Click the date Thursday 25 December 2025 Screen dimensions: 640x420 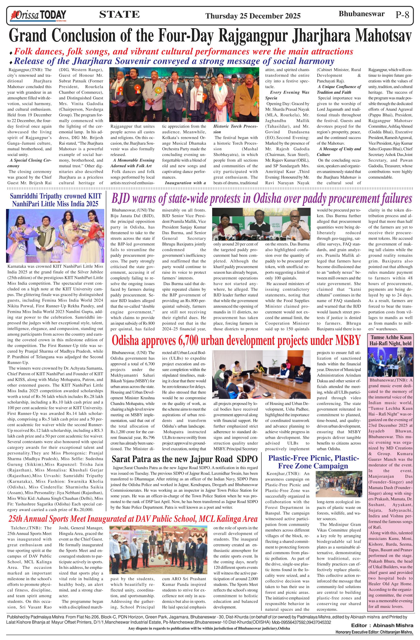[253, 16]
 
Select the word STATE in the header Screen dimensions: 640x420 [119, 14]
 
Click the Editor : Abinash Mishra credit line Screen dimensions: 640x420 [382, 631]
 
